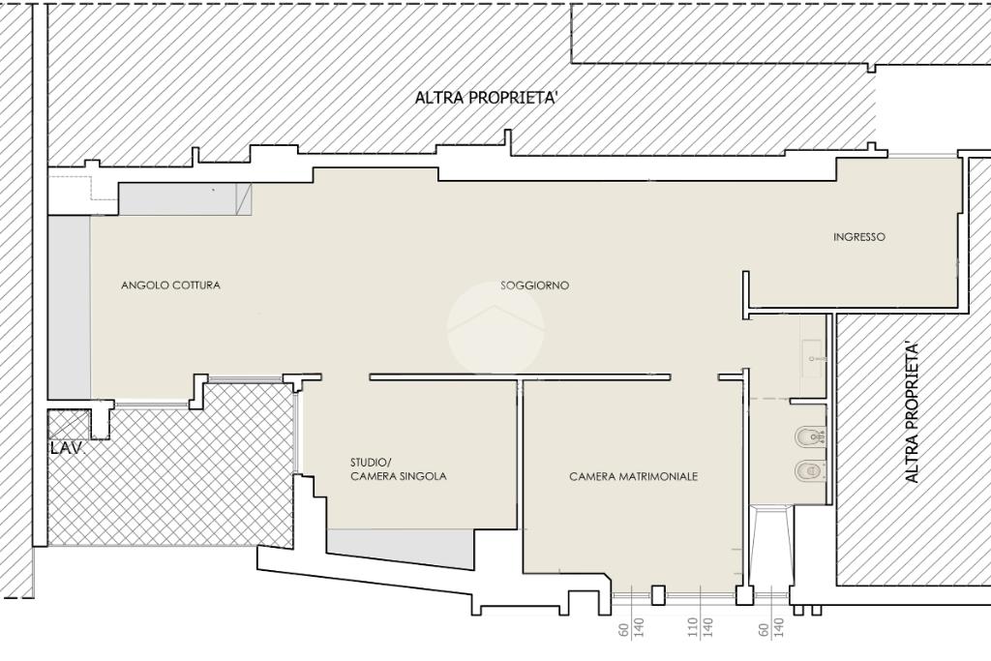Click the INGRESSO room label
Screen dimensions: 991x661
859,237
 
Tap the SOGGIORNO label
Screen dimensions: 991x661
534,285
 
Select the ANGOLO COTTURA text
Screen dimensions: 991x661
170,285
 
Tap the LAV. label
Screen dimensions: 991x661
67,448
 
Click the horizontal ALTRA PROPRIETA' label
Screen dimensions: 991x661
486,98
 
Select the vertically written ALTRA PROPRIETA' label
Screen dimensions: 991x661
911,413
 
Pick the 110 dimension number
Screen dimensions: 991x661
693,627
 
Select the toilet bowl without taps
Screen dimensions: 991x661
810,471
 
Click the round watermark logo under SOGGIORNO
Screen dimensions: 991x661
495,330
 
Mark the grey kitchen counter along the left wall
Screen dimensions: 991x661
70,308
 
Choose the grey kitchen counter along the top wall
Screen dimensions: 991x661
178,199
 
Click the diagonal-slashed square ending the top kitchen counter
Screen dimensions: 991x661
244,199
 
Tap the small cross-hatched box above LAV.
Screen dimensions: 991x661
69,425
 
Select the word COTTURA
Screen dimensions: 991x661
196,285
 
